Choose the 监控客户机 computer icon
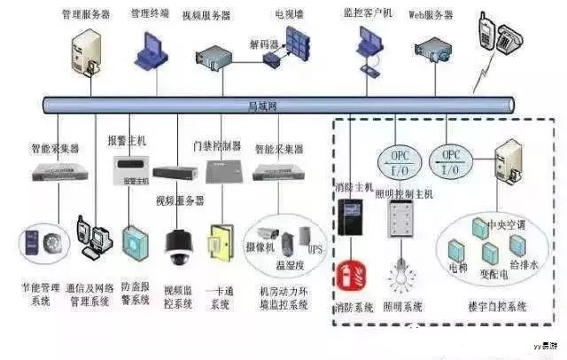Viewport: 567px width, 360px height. [369, 43]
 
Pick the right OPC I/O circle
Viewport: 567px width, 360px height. [451, 160]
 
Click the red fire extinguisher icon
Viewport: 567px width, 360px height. [347, 276]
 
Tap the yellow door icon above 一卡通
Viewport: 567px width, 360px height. [219, 244]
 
